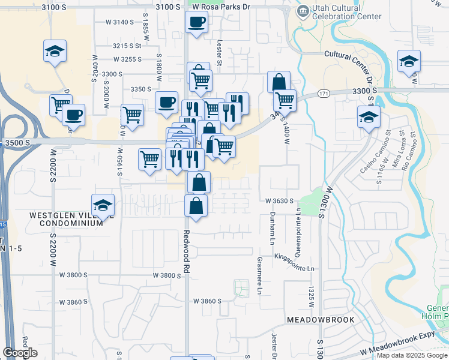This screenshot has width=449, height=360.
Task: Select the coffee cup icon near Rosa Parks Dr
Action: tap(196, 23)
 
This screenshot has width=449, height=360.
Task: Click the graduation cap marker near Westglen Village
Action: tap(103, 205)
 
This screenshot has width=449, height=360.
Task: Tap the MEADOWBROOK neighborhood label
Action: tap(321, 319)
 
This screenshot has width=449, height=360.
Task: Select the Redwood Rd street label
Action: tap(187, 252)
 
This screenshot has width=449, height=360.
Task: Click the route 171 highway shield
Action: tap(324, 94)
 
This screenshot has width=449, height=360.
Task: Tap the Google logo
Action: tap(20, 353)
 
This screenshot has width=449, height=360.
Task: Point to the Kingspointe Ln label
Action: tap(294, 265)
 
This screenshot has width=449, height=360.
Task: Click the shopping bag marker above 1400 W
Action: tap(279, 82)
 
